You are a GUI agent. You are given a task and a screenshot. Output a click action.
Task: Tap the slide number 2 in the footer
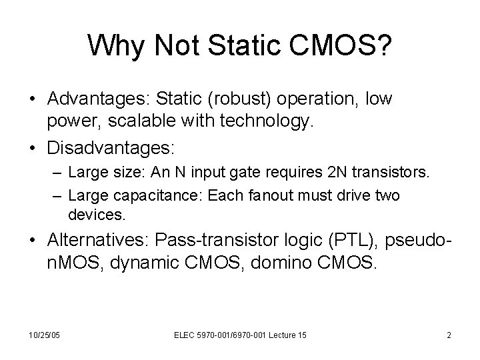pos(449,334)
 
